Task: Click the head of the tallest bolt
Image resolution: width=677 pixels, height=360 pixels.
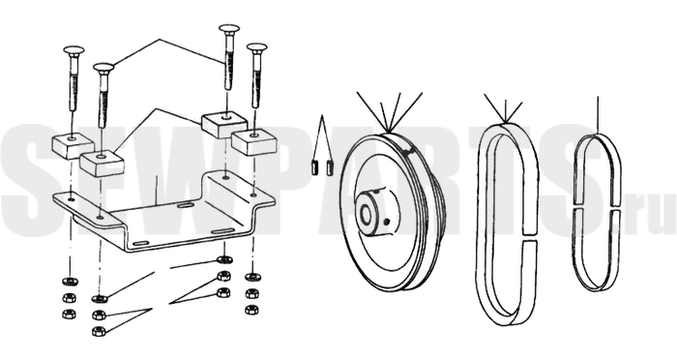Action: [229, 30]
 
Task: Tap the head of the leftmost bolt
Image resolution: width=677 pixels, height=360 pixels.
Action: [74, 50]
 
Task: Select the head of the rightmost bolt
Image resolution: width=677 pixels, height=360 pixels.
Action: [257, 47]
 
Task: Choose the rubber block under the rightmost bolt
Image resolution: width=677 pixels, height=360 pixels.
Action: [253, 141]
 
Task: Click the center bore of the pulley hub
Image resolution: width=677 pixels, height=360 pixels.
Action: [367, 213]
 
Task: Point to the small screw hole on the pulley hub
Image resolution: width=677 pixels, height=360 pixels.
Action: [387, 222]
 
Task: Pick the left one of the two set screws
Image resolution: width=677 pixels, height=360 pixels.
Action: [315, 167]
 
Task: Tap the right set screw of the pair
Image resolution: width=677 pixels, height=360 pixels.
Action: [331, 167]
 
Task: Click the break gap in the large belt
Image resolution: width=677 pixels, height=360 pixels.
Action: [530, 238]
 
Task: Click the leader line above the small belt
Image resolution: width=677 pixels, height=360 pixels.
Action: [598, 114]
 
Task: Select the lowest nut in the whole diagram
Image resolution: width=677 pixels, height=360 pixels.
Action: [100, 332]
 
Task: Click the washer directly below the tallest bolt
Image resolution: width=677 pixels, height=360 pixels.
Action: [224, 259]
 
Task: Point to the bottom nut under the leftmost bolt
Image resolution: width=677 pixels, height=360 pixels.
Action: [69, 314]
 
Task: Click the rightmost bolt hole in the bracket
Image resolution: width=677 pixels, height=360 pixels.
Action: [253, 195]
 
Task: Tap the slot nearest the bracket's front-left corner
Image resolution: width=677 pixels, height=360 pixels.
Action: [141, 244]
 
